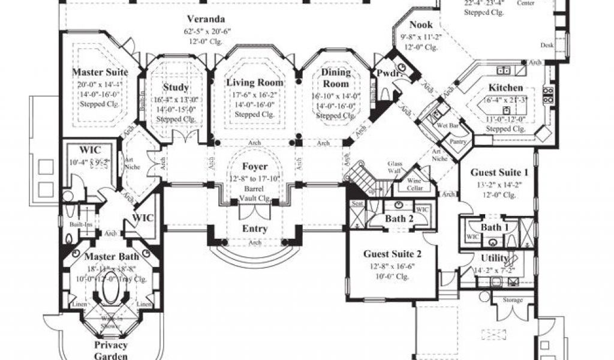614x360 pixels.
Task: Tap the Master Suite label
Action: click(100, 73)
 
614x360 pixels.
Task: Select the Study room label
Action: click(176, 88)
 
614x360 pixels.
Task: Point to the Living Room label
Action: click(255, 82)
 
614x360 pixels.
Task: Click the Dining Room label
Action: click(336, 77)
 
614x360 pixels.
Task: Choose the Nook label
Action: click(421, 25)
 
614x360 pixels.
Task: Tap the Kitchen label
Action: click(505, 88)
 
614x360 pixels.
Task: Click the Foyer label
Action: click(255, 166)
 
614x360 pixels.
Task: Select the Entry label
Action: click(254, 229)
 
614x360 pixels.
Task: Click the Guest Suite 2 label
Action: click(389, 253)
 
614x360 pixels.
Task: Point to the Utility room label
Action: click(495, 258)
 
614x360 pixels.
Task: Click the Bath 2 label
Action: click(399, 219)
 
